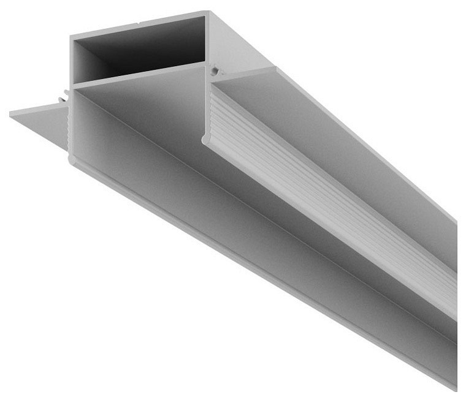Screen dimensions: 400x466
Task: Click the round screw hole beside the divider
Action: click(213, 72)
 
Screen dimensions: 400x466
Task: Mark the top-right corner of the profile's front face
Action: click(208, 13)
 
